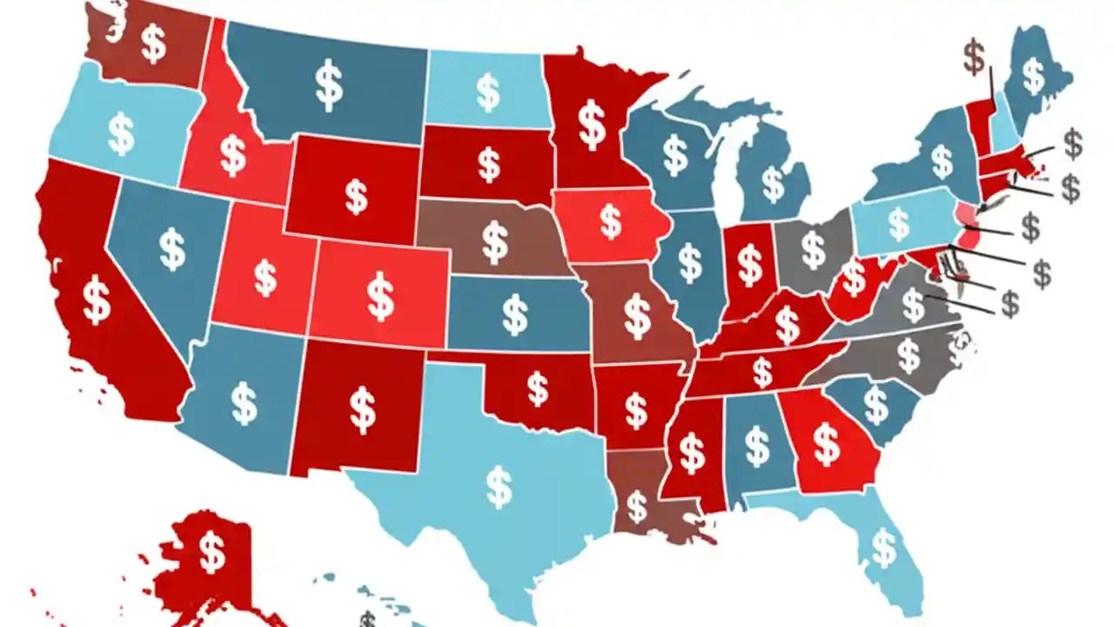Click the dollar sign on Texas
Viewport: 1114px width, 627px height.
[499, 488]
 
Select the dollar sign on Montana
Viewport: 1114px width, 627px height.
[328, 84]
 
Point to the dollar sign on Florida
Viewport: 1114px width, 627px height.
[884, 548]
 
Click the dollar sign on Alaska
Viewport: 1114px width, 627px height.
[211, 550]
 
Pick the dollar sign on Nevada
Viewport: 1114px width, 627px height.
[172, 250]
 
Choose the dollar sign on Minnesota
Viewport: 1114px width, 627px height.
[593, 125]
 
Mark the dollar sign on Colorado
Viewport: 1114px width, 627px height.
[380, 296]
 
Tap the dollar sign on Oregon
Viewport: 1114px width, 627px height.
[121, 136]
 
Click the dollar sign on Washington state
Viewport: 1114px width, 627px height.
[153, 43]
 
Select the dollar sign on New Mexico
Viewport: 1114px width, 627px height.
[362, 409]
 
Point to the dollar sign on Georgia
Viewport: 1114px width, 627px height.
[826, 444]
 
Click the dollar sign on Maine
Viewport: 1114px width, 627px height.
[1033, 76]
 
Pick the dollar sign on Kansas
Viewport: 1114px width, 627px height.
[514, 314]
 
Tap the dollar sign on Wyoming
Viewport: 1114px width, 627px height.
[356, 196]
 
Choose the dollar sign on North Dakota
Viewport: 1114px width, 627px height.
[487, 91]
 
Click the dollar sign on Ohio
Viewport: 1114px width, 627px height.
[814, 250]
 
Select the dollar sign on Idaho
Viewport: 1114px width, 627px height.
[232, 155]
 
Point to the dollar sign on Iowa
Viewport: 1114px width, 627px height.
[611, 222]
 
